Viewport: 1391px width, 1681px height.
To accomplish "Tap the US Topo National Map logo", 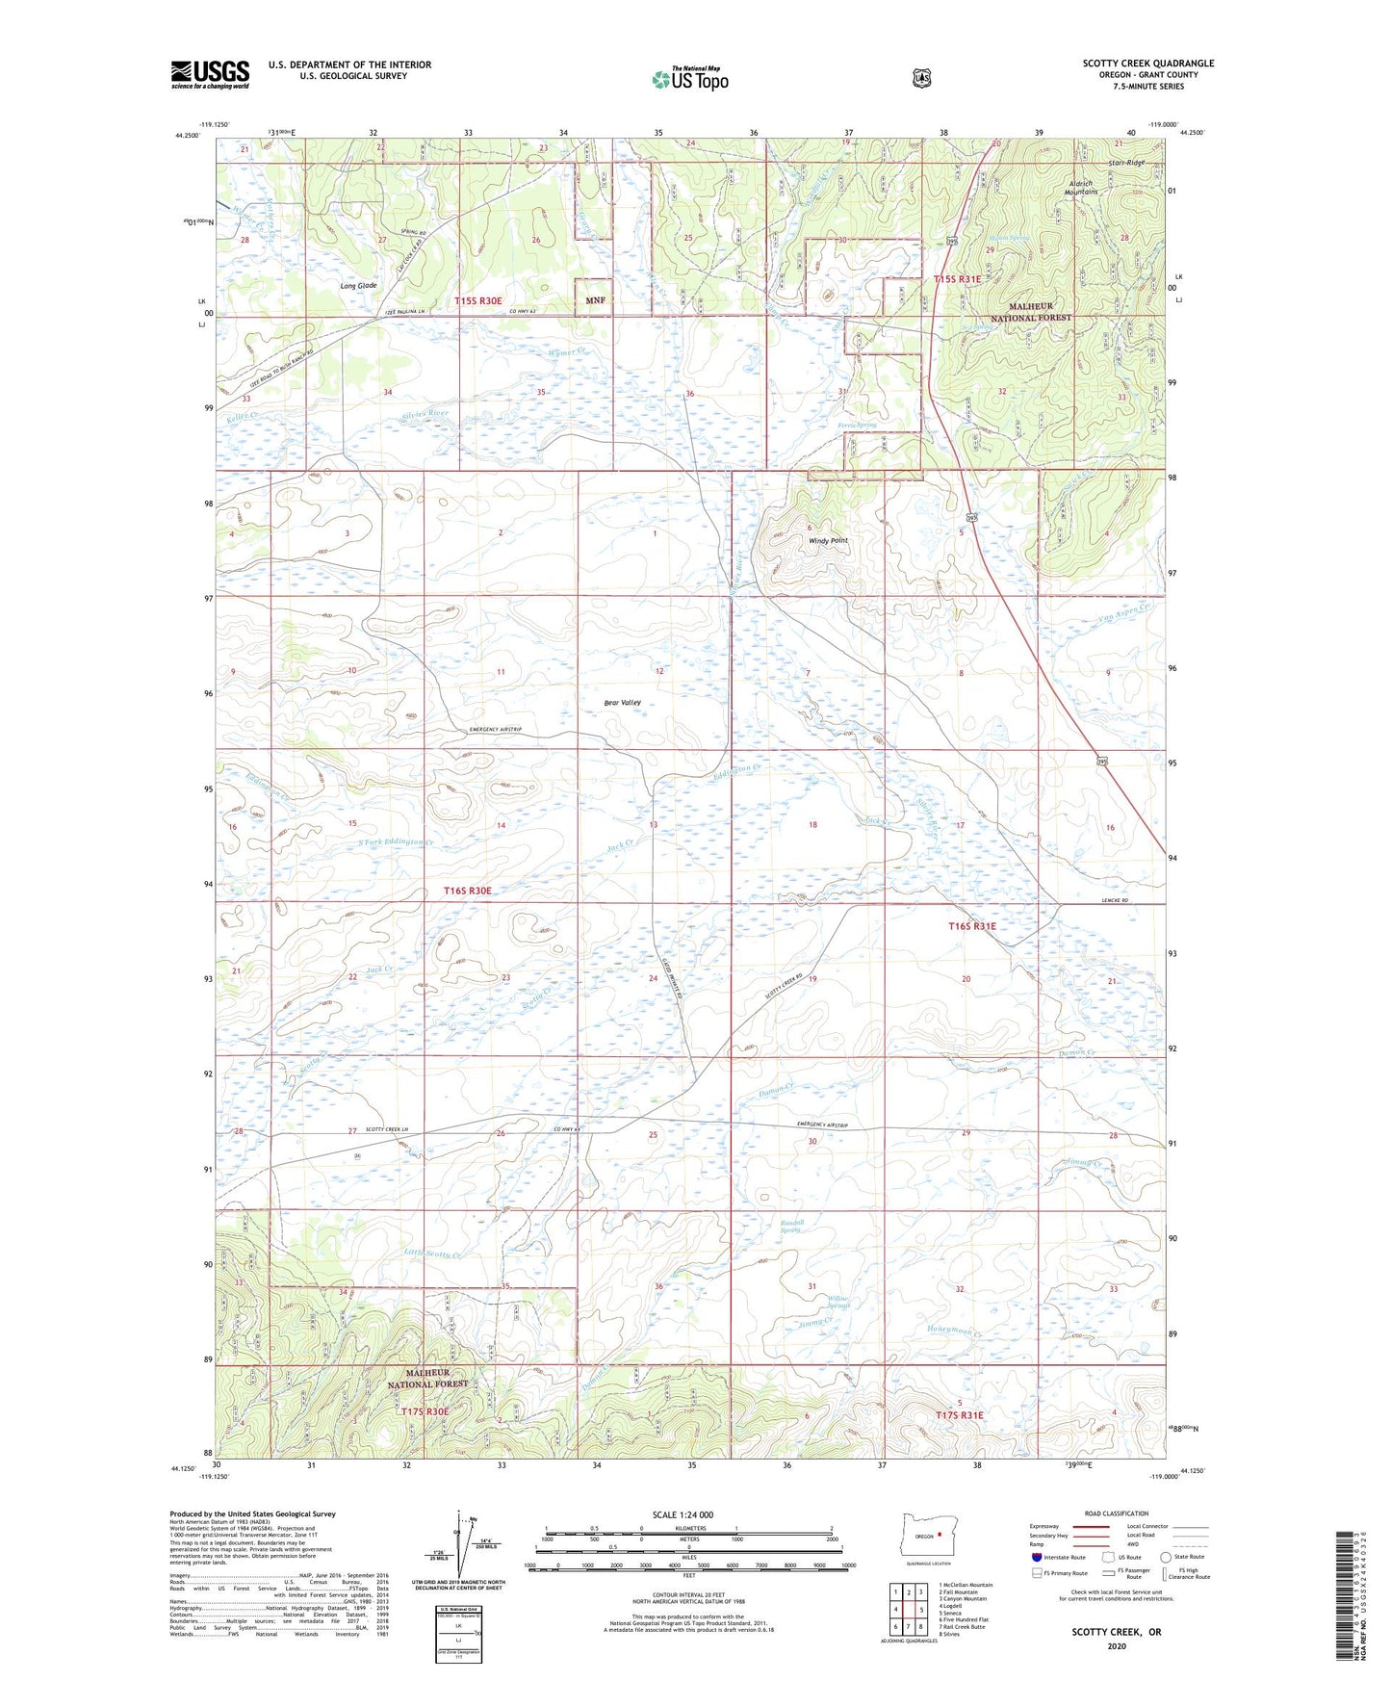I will coord(688,78).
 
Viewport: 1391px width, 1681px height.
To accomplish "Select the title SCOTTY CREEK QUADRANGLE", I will coord(1147,64).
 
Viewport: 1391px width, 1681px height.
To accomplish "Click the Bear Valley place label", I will coord(623,703).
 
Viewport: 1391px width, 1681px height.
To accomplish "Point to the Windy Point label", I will coord(828,541).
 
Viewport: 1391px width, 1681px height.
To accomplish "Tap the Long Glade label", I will coord(358,286).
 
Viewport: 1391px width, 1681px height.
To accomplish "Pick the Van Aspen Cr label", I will coord(1122,610).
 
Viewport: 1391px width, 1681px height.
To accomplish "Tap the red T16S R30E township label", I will coord(468,892).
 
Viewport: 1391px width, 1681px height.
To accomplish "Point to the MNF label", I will coord(595,300).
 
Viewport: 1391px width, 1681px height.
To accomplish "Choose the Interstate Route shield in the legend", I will coord(1036,1556).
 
